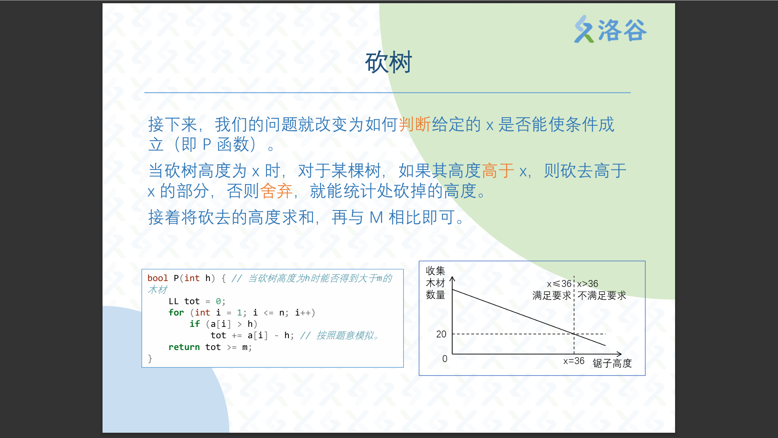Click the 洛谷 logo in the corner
click(x=610, y=29)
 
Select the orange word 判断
click(x=415, y=124)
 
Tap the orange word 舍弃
click(x=276, y=191)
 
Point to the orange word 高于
click(x=498, y=170)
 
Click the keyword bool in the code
click(x=157, y=278)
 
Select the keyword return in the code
click(x=184, y=347)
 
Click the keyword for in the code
click(x=176, y=313)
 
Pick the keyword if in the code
click(x=194, y=324)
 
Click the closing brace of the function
click(x=150, y=359)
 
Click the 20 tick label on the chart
click(x=441, y=334)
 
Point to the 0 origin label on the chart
click(x=445, y=359)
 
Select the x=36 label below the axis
click(x=574, y=361)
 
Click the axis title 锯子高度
click(x=612, y=363)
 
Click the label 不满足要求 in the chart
click(x=602, y=296)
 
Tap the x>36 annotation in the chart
click(x=588, y=284)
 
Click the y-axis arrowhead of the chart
click(x=452, y=279)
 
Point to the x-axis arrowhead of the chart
click(x=619, y=354)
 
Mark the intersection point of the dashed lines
click(x=574, y=334)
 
